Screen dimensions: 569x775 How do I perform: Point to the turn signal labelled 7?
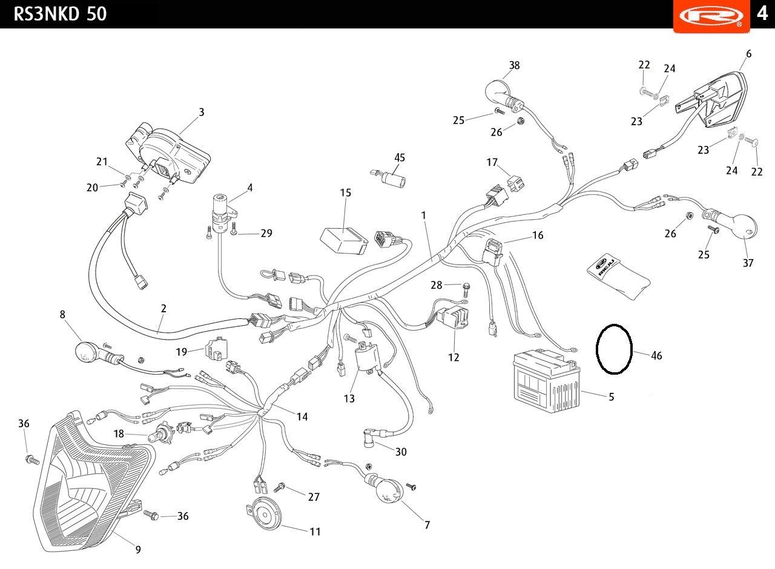click(388, 490)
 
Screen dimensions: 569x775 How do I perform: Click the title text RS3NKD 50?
click(60, 14)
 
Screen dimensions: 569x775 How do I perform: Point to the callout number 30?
click(401, 452)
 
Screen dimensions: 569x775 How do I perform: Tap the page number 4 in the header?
click(761, 13)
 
